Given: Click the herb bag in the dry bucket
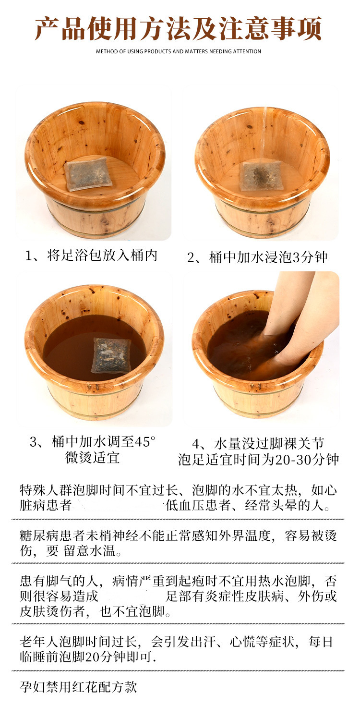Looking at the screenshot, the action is (88, 174).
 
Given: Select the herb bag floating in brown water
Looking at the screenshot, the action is (111, 355).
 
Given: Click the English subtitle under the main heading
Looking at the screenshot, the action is (179, 51).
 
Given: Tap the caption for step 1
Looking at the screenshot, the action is (91, 256).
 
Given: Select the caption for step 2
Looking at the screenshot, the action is (257, 257).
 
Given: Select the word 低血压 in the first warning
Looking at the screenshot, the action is (185, 506).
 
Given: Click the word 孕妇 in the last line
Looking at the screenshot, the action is (33, 687).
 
